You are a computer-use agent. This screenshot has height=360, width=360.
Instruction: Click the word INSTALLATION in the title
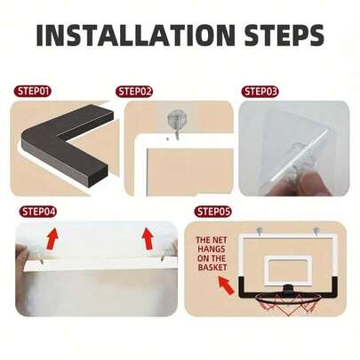click(x=132, y=36)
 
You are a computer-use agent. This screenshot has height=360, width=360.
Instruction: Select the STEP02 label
click(x=135, y=91)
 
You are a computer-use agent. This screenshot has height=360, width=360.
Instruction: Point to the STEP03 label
click(x=260, y=91)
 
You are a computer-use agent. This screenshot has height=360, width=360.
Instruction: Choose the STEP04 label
click(x=38, y=212)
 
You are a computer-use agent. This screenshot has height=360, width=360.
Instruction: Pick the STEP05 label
click(x=212, y=212)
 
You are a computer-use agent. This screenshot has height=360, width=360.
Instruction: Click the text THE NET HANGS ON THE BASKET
click(x=213, y=254)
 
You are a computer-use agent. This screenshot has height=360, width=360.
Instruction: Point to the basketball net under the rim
click(x=285, y=308)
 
